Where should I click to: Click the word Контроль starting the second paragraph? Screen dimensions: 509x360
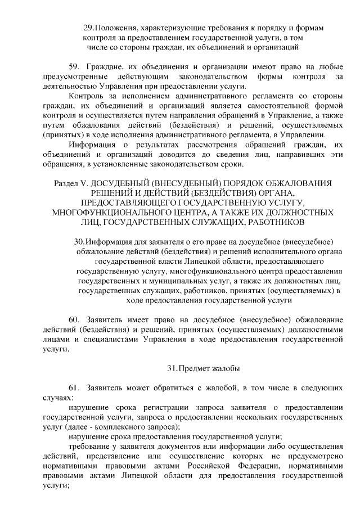point(86,97)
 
